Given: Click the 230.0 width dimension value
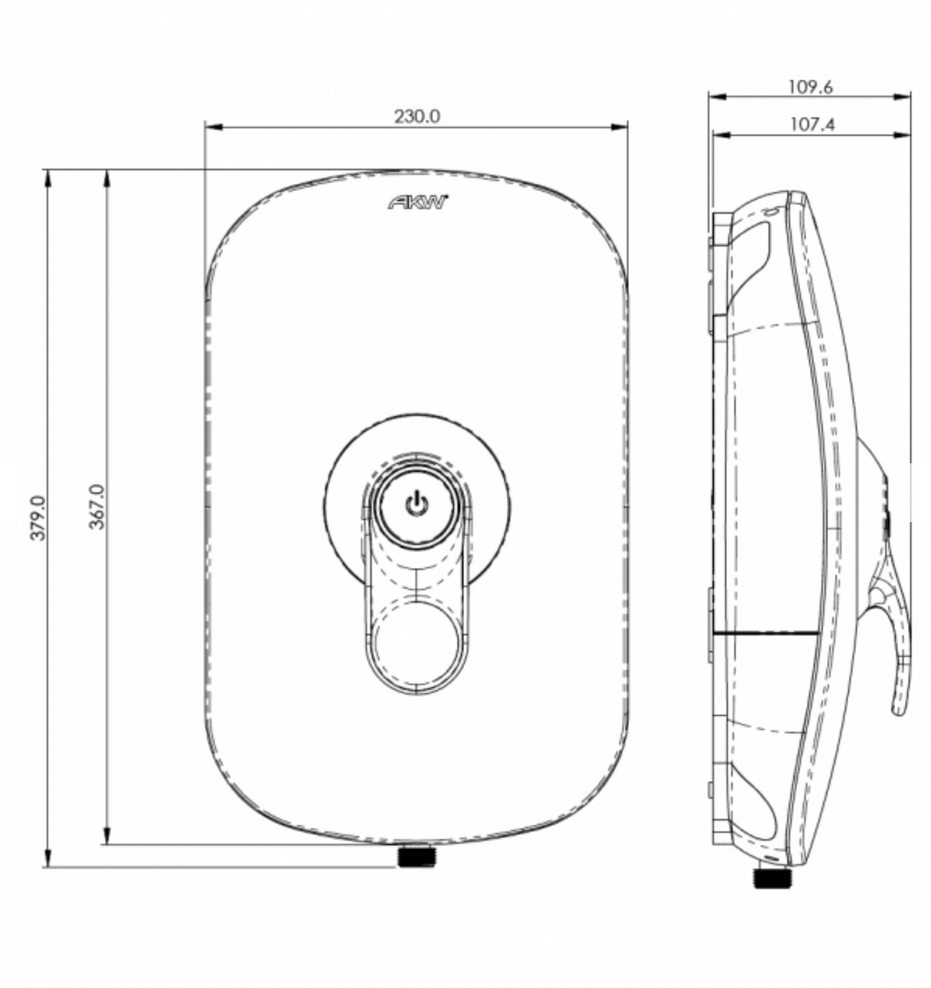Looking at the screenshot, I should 416,117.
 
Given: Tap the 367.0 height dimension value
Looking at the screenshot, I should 97,507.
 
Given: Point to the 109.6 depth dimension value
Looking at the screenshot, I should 810,87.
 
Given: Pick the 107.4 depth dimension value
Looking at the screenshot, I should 811,124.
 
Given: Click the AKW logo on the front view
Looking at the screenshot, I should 418,203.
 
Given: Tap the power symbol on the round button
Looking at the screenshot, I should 416,504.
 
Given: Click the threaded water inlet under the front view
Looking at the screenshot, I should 416,855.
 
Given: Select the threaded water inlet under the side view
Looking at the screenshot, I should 772,876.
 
